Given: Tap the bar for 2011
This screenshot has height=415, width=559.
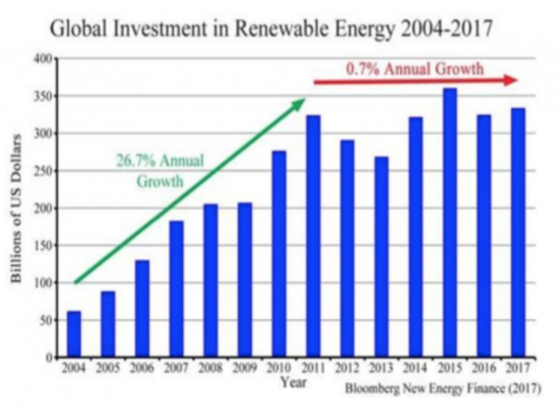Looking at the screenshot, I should [313, 237].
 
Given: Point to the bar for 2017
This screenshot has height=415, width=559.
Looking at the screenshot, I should [518, 233].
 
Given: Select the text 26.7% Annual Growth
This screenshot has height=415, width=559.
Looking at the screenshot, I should [160, 171].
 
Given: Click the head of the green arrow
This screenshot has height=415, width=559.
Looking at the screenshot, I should [299, 103].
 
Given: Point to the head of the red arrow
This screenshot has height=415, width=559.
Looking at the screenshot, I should [511, 81].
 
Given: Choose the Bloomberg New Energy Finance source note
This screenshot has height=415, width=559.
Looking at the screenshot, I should [442, 388].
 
